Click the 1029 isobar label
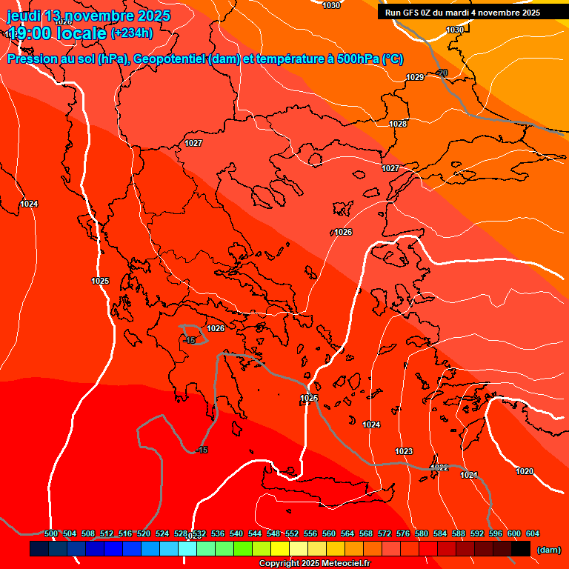tap(415, 78)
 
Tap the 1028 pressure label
tap(398, 124)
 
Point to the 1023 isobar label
tap(404, 451)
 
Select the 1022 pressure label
tap(440, 467)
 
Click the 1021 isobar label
tap(469, 475)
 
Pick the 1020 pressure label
tap(525, 471)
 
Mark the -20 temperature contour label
tap(442, 73)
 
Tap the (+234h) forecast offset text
tap(131, 33)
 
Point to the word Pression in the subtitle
tap(33, 59)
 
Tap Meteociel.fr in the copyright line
tap(345, 563)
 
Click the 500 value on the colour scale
tap(51, 533)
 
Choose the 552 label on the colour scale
tap(292, 533)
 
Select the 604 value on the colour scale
tap(533, 533)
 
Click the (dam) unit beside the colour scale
tap(548, 550)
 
